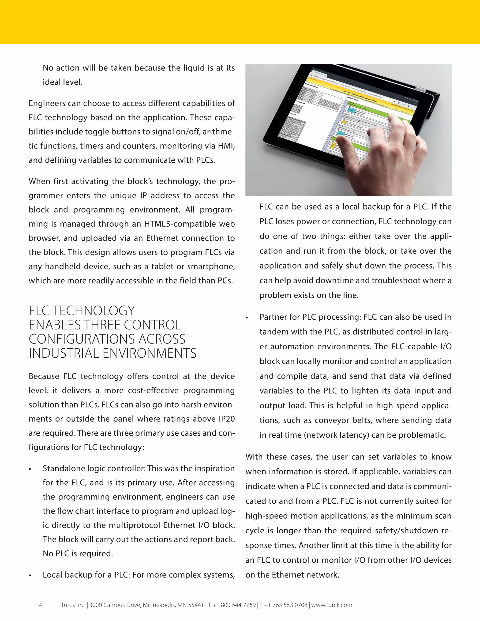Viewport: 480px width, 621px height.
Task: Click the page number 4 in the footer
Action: (x=40, y=605)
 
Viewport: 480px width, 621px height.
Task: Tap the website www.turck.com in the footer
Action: (x=332, y=605)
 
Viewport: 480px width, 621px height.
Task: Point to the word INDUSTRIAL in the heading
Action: (x=64, y=353)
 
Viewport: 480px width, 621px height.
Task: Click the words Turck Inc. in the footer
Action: (x=73, y=605)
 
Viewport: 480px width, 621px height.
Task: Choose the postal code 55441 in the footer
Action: (x=195, y=605)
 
